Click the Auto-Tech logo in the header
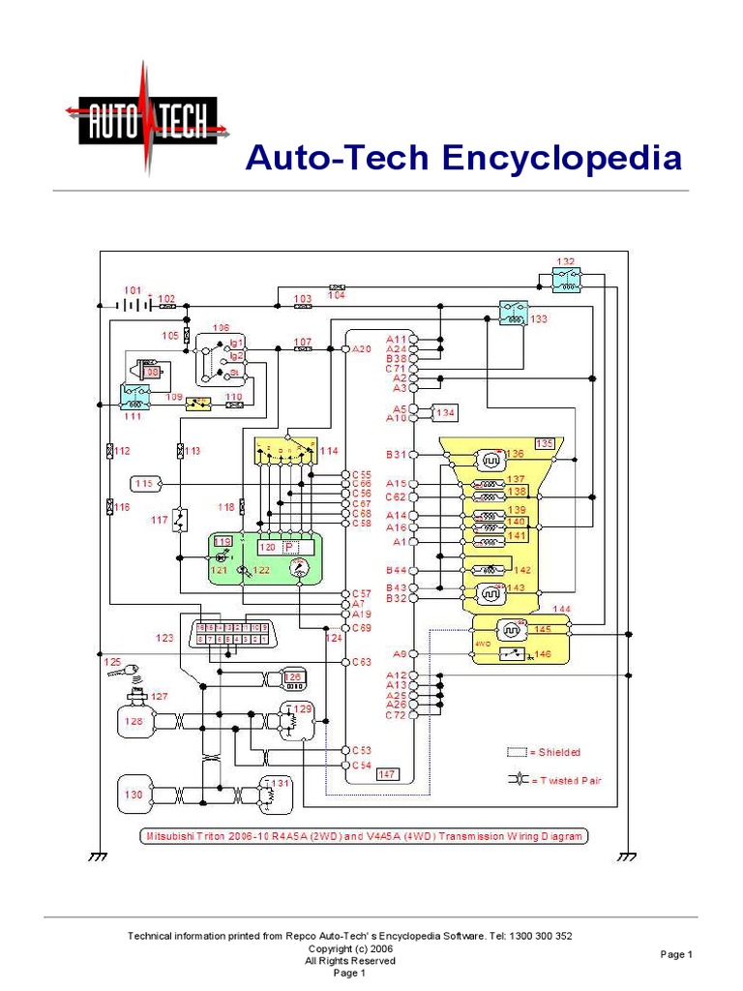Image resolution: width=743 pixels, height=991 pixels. click(x=146, y=120)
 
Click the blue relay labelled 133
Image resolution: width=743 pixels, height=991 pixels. click(x=512, y=314)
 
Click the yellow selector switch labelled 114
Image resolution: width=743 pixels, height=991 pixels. click(x=286, y=452)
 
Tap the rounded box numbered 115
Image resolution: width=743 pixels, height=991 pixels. click(x=145, y=482)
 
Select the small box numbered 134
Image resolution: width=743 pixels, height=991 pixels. click(x=444, y=413)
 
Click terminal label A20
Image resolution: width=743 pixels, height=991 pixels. click(x=361, y=349)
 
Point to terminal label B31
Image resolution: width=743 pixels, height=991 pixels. click(x=398, y=454)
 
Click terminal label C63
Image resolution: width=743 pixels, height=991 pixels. click(x=361, y=663)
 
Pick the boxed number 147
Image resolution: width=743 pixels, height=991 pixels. click(x=387, y=773)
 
